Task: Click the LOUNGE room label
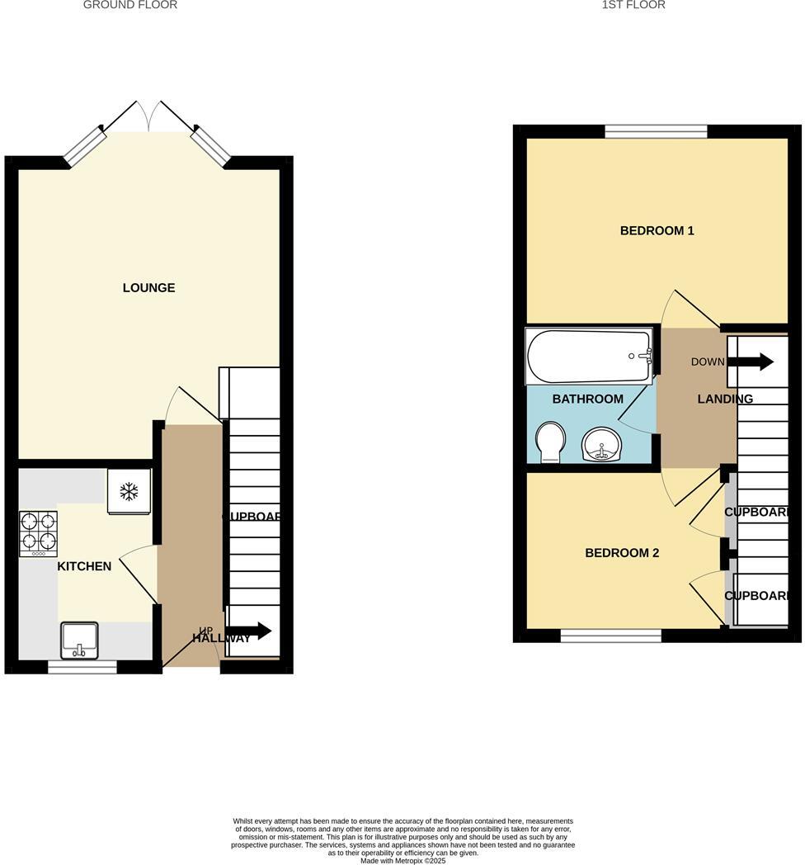pyautogui.click(x=148, y=288)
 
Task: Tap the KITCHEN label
pyautogui.click(x=84, y=566)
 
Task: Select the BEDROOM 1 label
pyautogui.click(x=657, y=231)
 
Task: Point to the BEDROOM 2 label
pyautogui.click(x=622, y=553)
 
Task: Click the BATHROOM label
pyautogui.click(x=587, y=399)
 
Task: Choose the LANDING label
pyautogui.click(x=725, y=399)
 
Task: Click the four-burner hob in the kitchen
pyautogui.click(x=38, y=532)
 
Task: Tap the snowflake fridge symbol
pyautogui.click(x=129, y=492)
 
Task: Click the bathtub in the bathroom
pyautogui.click(x=589, y=357)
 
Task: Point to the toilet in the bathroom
pyautogui.click(x=549, y=442)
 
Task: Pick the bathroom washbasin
pyautogui.click(x=604, y=445)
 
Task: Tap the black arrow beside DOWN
pyautogui.click(x=756, y=362)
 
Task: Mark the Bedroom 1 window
pyautogui.click(x=656, y=130)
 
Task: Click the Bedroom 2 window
pyautogui.click(x=610, y=636)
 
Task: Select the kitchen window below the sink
pyautogui.click(x=82, y=667)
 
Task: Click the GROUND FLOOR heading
pyautogui.click(x=130, y=5)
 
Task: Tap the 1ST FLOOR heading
pyautogui.click(x=633, y=5)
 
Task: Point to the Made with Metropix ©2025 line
pyautogui.click(x=402, y=861)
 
